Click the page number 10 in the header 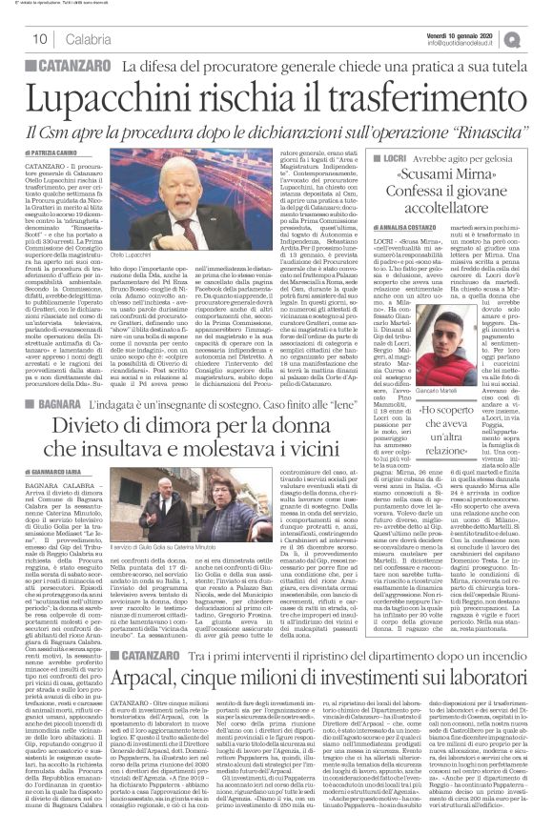coord(41,38)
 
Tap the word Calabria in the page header coord(89,38)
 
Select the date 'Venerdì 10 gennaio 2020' coord(472,31)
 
